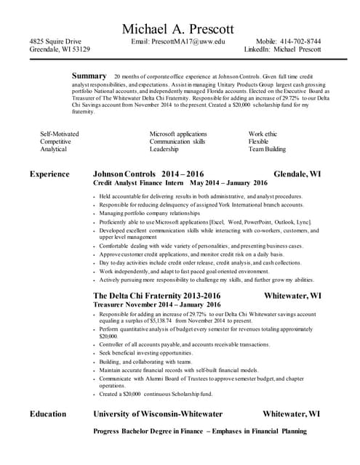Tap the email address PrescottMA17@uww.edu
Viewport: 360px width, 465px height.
pos(178,42)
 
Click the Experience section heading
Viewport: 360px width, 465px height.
pos(49,174)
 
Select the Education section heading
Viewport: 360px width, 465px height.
pos(48,414)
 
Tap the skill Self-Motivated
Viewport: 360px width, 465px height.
pos(59,134)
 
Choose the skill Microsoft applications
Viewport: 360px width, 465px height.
pos(178,134)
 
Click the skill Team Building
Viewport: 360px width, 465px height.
pos(267,149)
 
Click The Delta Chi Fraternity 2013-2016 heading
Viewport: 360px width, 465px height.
pos(156,296)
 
